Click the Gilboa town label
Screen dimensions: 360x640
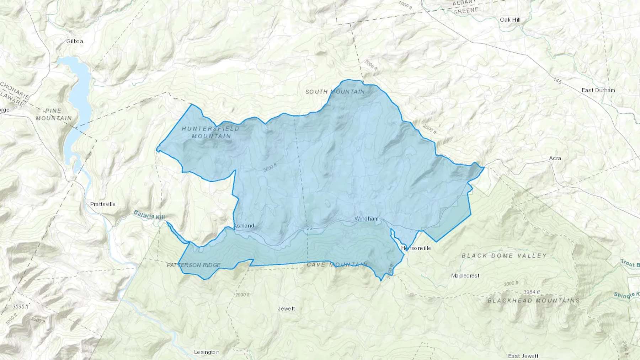pos(75,41)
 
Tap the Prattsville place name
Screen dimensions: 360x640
pos(103,204)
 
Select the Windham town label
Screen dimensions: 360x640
pos(366,219)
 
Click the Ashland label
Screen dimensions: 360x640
pos(244,226)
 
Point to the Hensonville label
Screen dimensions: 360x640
pos(416,248)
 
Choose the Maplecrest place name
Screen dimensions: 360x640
pos(465,276)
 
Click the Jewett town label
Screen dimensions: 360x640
pos(286,308)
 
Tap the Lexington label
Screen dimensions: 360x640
pos(207,352)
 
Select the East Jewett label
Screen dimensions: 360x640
pos(523,356)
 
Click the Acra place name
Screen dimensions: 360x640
pos(555,158)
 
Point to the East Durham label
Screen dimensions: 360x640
pos(598,90)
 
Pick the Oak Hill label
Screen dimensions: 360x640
pos(510,20)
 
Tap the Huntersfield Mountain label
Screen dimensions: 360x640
pos(211,132)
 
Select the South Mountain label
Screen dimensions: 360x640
pos(335,92)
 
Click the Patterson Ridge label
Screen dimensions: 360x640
pos(194,265)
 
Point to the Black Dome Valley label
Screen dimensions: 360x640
pos(504,256)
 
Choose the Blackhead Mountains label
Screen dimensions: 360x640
pos(533,301)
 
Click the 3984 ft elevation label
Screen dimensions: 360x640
pos(532,292)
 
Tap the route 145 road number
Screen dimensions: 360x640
pos(557,81)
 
